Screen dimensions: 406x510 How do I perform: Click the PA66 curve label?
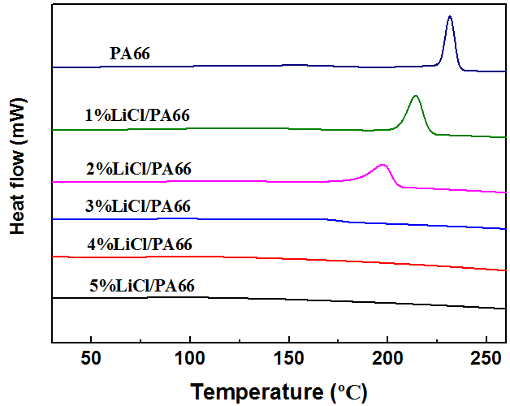coord(132,54)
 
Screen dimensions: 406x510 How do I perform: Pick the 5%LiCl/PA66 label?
coord(143,285)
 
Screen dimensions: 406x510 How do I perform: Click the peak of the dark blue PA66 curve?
coord(449,17)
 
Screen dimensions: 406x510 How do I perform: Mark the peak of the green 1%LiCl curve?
coord(416,97)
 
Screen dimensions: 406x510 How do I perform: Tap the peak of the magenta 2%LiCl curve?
coord(383,165)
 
